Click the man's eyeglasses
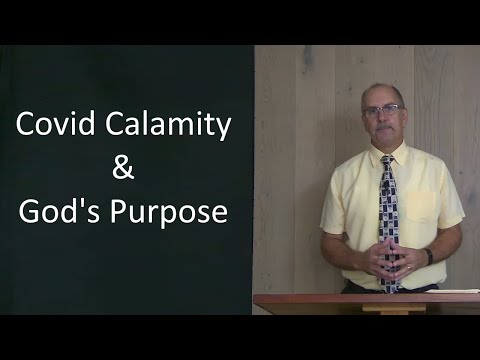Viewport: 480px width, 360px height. [384, 109]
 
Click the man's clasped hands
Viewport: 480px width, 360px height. [391, 263]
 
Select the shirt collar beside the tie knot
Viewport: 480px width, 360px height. [372, 156]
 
